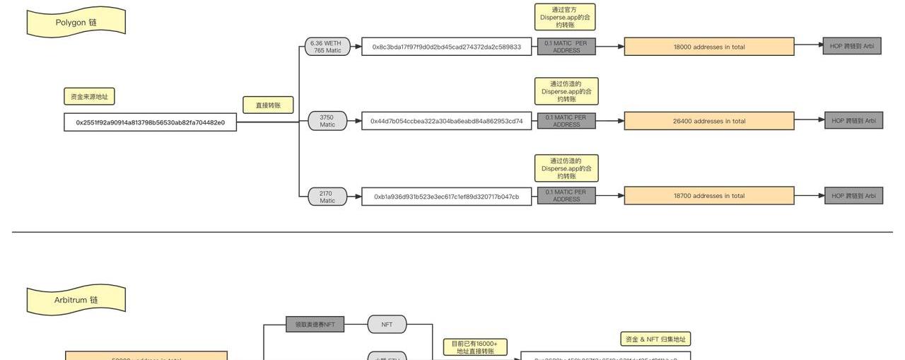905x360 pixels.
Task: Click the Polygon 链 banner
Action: click(76, 22)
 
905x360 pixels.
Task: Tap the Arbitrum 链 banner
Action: click(76, 300)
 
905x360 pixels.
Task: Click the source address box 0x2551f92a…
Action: click(150, 122)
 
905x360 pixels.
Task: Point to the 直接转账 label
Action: click(268, 105)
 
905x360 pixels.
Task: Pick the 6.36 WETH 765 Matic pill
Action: click(327, 47)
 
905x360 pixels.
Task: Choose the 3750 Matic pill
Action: click(327, 121)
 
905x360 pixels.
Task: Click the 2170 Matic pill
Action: click(327, 197)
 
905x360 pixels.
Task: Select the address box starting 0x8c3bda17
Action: click(446, 47)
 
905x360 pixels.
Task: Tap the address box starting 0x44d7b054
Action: click(446, 121)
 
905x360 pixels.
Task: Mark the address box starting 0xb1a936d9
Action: click(446, 197)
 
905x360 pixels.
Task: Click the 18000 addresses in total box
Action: click(709, 47)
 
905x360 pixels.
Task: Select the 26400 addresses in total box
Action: click(709, 121)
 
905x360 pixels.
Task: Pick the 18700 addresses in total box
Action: click(709, 196)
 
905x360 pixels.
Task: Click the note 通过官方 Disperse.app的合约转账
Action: click(565, 17)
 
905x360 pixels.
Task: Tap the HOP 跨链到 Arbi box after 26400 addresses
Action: click(853, 120)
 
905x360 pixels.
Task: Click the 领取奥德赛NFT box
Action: click(315, 325)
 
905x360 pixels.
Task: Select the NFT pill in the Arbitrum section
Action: click(387, 325)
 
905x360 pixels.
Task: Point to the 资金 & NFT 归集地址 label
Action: click(655, 339)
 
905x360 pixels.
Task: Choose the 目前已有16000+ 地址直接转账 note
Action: click(474, 347)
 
